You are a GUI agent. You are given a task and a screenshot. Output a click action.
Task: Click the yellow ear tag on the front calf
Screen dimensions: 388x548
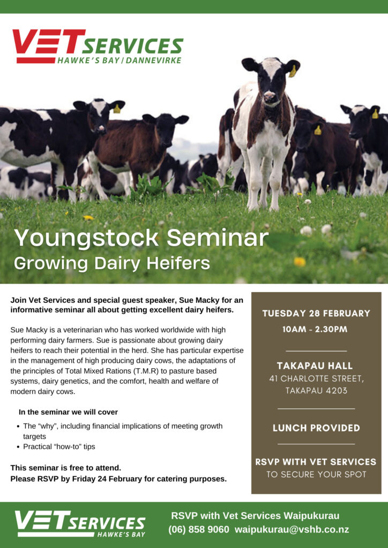point(293,71)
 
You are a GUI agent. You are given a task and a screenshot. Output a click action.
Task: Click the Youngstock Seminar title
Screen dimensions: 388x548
point(141,238)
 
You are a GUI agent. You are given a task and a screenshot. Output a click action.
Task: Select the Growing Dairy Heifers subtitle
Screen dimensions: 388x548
point(112,263)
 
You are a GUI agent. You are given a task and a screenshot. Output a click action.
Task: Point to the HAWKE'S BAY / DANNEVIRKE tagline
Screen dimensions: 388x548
point(120,60)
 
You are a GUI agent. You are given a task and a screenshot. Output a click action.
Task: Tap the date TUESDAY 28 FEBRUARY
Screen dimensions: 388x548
point(316,313)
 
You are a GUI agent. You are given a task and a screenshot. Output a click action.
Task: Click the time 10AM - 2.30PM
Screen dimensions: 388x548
point(315,329)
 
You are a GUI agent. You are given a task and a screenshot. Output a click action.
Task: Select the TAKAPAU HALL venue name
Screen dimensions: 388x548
point(315,366)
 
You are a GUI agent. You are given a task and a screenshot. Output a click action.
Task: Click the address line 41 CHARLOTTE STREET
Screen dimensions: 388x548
point(316,379)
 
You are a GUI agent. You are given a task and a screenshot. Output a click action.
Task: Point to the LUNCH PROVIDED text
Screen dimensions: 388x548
point(316,428)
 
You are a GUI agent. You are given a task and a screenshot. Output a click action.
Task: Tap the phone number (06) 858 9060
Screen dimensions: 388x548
point(199,529)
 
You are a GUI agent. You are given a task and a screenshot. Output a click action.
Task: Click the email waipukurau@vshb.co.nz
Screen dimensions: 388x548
point(292,529)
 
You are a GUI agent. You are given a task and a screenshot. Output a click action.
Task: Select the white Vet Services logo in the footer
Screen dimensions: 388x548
point(80,523)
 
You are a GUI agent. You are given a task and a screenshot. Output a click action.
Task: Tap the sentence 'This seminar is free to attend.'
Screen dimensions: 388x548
point(66,468)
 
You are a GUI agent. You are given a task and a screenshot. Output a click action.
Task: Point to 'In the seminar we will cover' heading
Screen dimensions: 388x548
point(68,412)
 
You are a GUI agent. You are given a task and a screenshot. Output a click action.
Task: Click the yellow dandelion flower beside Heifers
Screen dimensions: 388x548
point(299,261)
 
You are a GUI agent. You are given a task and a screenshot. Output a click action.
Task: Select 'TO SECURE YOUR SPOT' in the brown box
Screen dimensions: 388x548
point(316,475)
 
